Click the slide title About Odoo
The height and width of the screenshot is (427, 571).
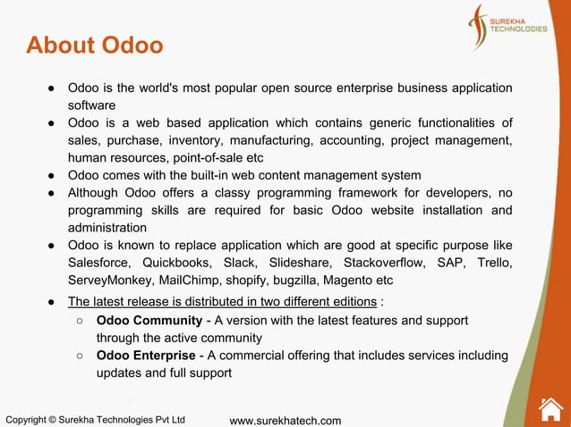pyautogui.click(x=95, y=45)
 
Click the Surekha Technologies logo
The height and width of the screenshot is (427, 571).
pyautogui.click(x=507, y=27)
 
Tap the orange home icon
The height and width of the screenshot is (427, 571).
pyautogui.click(x=550, y=408)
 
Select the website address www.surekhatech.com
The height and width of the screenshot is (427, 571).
pyautogui.click(x=285, y=420)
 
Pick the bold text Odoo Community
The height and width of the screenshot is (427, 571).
pyautogui.click(x=149, y=320)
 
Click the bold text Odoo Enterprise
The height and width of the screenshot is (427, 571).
pyautogui.click(x=145, y=356)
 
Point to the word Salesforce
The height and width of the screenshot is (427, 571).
pyautogui.click(x=99, y=263)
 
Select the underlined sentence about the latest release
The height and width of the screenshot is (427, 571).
pyautogui.click(x=222, y=301)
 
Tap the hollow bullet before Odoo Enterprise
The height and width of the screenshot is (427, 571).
pyautogui.click(x=80, y=356)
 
